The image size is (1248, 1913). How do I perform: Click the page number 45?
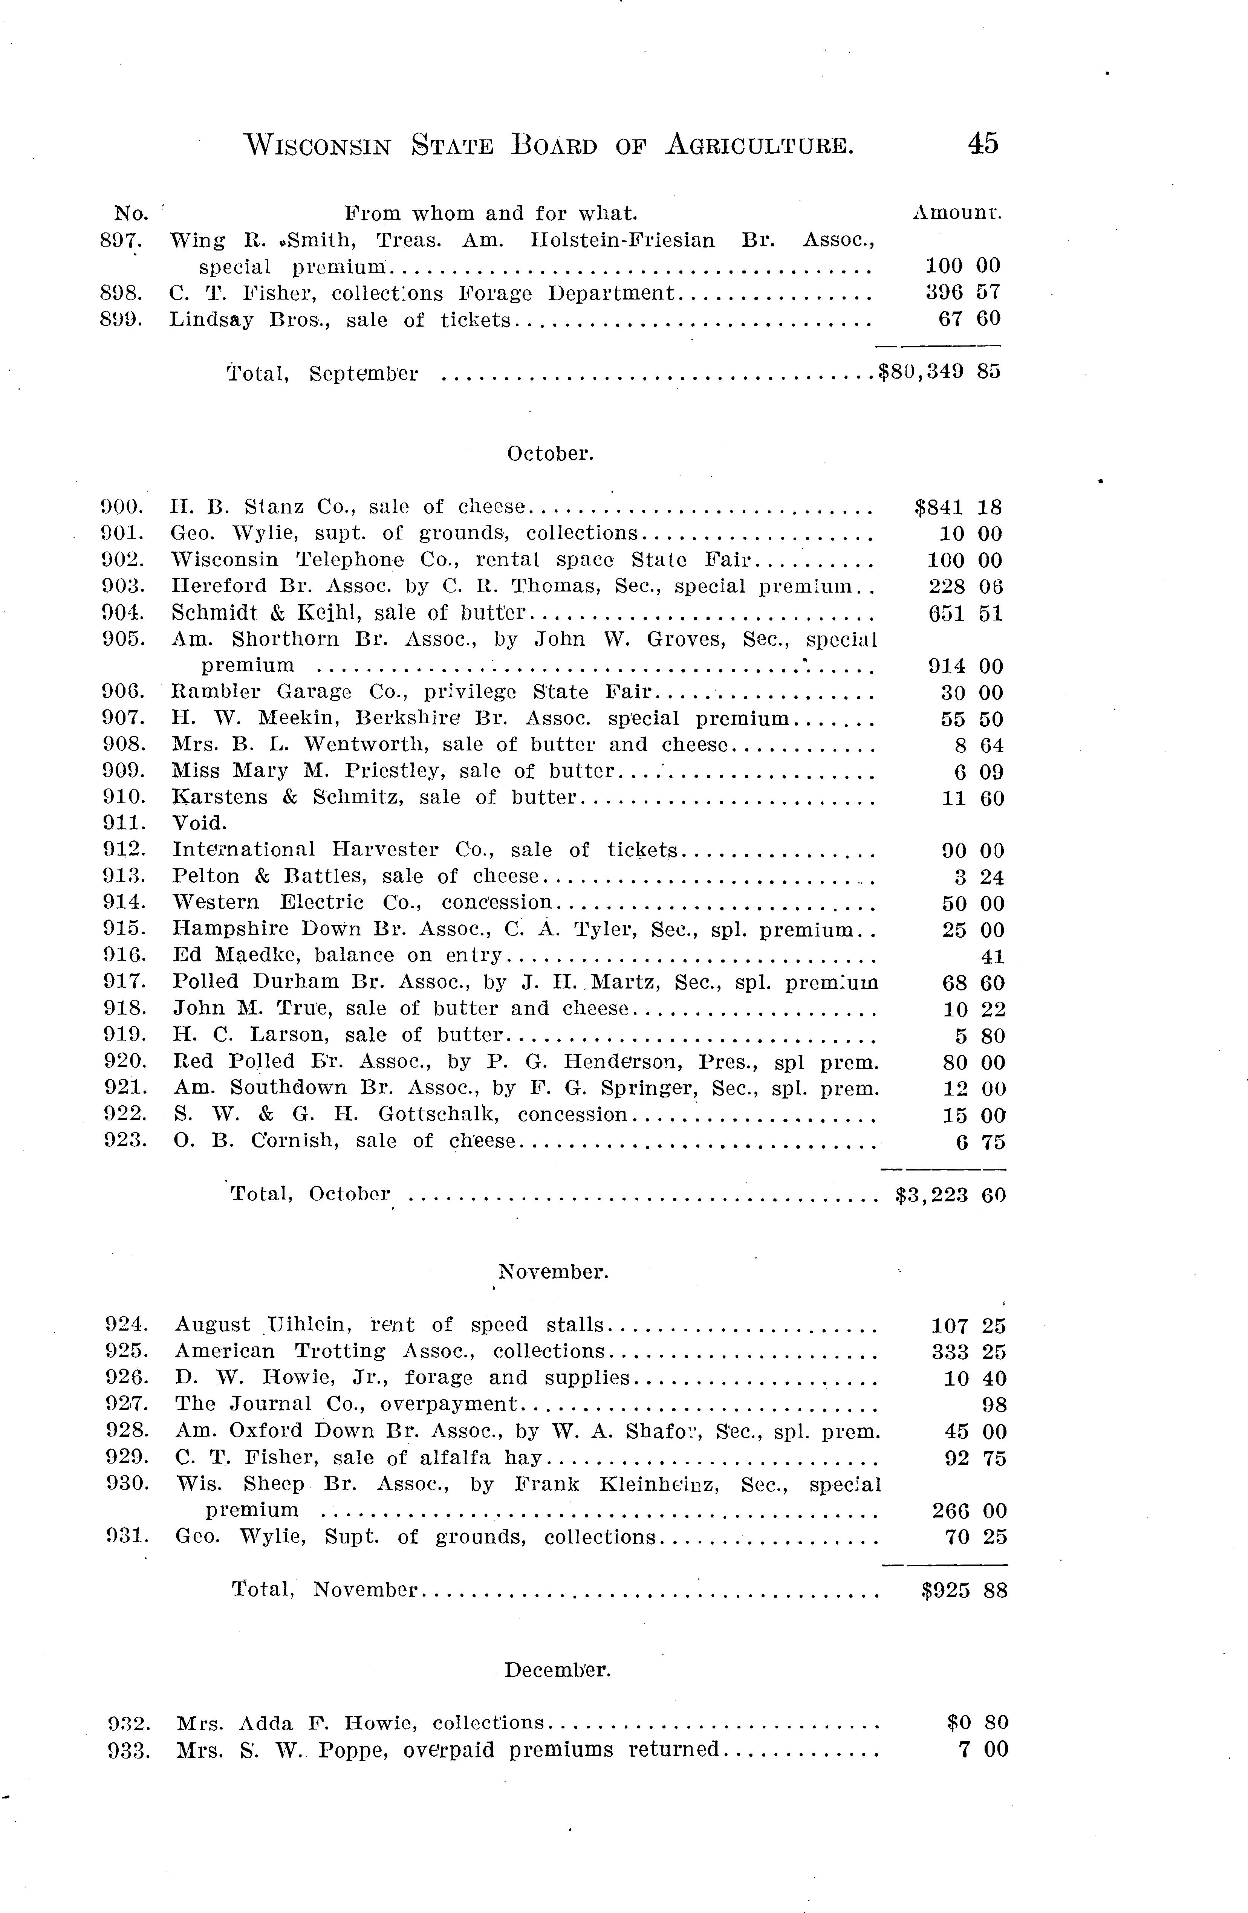click(983, 144)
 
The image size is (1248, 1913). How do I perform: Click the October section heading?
click(550, 454)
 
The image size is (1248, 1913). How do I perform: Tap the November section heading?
click(553, 1273)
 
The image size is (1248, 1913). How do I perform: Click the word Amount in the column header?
click(956, 213)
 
